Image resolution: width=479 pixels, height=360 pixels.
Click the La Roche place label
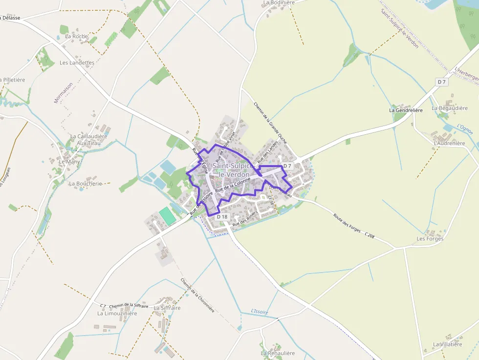pyautogui.click(x=76, y=36)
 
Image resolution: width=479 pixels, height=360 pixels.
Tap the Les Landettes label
pyautogui.click(x=77, y=63)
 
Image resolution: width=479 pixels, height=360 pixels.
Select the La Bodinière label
pyautogui.click(x=279, y=2)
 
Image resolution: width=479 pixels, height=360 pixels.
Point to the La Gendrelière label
pyautogui.click(x=405, y=110)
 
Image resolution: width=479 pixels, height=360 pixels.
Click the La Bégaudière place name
pyautogui.click(x=449, y=108)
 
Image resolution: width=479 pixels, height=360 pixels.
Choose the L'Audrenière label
pyautogui.click(x=450, y=143)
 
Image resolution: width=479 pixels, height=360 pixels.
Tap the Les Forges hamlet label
pyautogui.click(x=430, y=239)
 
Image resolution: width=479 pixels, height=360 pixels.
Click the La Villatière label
pyautogui.click(x=447, y=344)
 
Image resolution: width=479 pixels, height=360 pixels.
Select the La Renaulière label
pyautogui.click(x=278, y=353)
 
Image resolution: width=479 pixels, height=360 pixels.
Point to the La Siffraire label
pyautogui.click(x=167, y=308)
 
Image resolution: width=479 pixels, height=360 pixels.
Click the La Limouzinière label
pyautogui.click(x=117, y=314)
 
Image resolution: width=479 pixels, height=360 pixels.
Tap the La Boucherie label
pyautogui.click(x=85, y=184)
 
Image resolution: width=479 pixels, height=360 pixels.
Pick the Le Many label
pyautogui.click(x=69, y=162)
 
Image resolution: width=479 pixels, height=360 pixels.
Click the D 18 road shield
pyautogui.click(x=222, y=217)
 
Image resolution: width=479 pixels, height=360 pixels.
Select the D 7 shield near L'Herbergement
pyautogui.click(x=442, y=82)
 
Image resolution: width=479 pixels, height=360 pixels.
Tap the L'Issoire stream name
pyautogui.click(x=260, y=311)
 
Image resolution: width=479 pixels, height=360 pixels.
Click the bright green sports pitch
pyautogui.click(x=167, y=216)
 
